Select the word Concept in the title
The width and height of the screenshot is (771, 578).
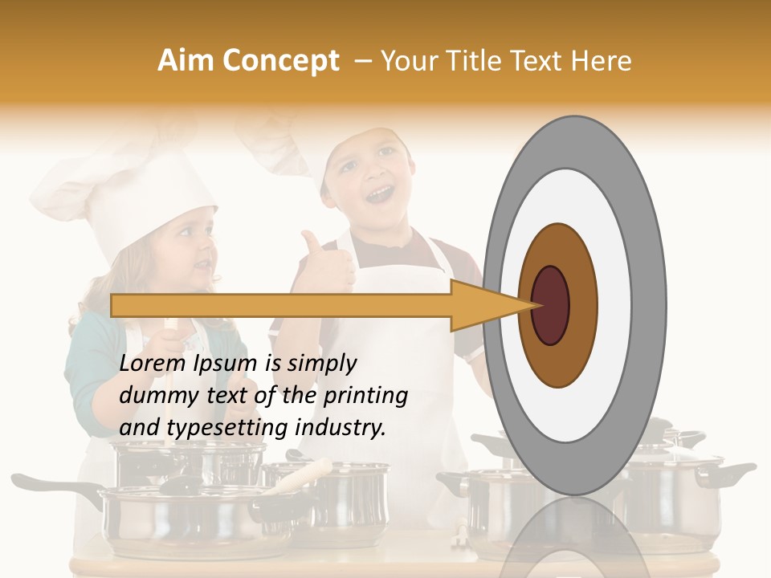280,62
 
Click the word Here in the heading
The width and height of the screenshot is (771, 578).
603,61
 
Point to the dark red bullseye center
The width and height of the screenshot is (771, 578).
551,305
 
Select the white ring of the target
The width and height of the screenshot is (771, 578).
618,305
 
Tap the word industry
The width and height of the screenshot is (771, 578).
341,428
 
